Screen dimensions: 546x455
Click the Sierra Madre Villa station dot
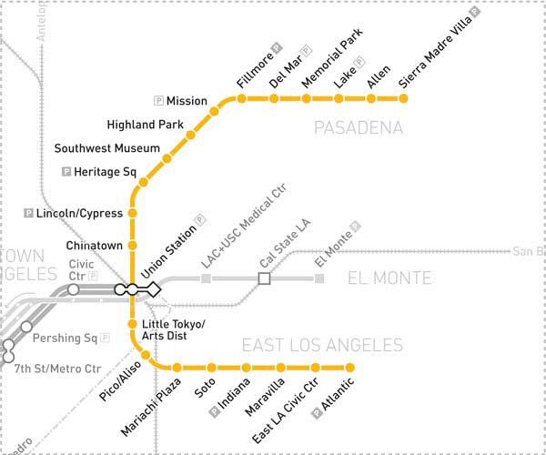pos(404,98)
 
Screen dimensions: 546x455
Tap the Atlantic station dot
pos(350,368)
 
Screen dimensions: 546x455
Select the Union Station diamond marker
pos(155,289)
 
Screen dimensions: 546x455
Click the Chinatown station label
pos(94,246)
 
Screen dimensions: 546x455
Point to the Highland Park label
pos(146,125)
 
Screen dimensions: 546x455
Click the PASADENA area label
pos(358,128)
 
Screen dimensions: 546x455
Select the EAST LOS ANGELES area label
pos(321,345)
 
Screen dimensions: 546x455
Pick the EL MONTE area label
pos(389,278)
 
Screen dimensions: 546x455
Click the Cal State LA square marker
pos(265,278)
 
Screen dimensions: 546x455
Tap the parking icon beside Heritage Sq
pos(66,171)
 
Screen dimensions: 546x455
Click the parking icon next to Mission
pos(159,101)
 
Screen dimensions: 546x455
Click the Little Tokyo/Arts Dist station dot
pos(133,324)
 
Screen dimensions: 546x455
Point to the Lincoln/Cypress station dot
pos(133,214)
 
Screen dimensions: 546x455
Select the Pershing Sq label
pos(65,339)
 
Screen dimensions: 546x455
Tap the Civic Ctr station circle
pos(74,289)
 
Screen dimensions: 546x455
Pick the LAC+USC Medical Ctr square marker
pos(206,278)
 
